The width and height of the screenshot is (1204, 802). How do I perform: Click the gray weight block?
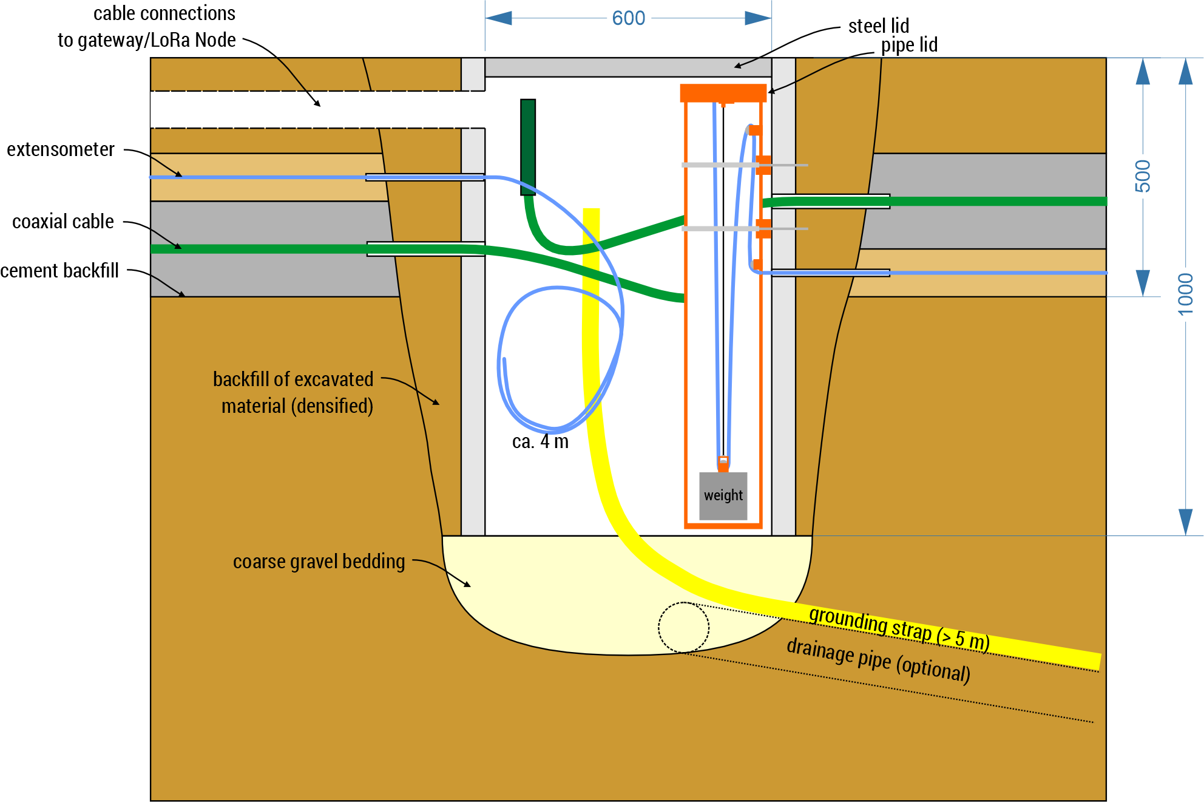click(723, 496)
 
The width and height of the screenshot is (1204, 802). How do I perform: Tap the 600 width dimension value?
click(629, 18)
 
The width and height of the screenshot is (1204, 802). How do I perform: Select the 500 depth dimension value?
click(1142, 176)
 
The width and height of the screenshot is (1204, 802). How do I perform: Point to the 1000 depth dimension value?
click(1185, 294)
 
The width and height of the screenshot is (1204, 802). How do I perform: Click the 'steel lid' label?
click(878, 26)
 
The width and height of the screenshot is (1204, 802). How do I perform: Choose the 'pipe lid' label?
click(908, 45)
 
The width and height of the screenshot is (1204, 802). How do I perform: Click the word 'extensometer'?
click(61, 149)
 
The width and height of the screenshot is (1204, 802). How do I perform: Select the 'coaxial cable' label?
click(63, 222)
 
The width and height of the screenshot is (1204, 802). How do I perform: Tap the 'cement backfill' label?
click(59, 270)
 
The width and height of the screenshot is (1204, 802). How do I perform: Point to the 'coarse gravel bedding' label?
click(319, 562)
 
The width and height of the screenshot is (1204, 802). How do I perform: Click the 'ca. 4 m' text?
click(540, 441)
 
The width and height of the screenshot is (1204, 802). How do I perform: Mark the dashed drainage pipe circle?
click(683, 628)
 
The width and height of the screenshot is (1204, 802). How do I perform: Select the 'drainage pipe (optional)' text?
click(878, 659)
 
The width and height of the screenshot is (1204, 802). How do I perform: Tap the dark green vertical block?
click(528, 147)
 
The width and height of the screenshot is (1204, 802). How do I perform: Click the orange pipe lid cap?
click(723, 92)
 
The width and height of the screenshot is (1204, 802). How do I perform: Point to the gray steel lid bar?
click(628, 67)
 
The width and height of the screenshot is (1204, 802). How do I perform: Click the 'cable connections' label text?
click(164, 13)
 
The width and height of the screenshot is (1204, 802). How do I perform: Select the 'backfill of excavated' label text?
click(293, 379)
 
